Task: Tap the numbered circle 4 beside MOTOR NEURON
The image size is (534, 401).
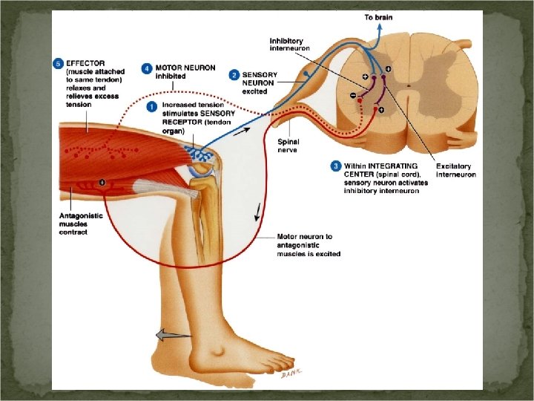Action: click(x=148, y=68)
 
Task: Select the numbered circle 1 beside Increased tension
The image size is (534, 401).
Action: click(x=152, y=106)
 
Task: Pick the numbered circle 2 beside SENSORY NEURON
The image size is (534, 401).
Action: click(x=234, y=74)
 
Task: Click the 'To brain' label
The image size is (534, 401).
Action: click(x=378, y=16)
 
